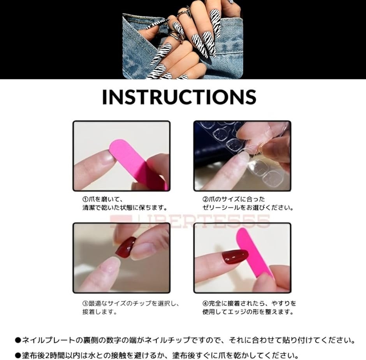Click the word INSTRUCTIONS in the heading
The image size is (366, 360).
[179, 97]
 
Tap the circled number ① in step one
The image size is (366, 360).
[85, 199]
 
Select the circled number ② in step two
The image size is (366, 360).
[205, 199]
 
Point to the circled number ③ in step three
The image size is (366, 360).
[85, 304]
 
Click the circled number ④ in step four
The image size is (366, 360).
[205, 304]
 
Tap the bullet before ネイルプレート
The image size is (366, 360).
[18, 340]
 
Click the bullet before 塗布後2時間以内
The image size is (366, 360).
[18, 356]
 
